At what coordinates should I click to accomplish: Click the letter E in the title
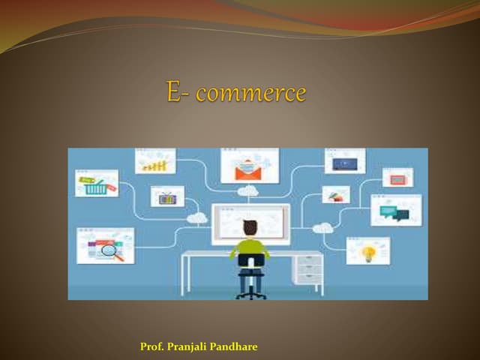174,94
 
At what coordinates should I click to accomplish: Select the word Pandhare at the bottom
236,346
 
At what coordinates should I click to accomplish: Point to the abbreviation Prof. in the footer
152,346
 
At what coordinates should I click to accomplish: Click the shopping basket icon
96,187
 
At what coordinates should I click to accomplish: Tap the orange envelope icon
248,170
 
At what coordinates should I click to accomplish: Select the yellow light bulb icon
368,252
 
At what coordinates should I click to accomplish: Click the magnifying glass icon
110,250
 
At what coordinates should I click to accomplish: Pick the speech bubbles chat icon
394,212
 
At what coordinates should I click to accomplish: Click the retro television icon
167,198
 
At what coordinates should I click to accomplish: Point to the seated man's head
250,227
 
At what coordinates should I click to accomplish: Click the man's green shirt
250,247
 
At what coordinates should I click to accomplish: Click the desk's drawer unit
309,268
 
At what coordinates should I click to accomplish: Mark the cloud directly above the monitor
247,192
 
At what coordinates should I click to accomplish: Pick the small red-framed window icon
397,178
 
